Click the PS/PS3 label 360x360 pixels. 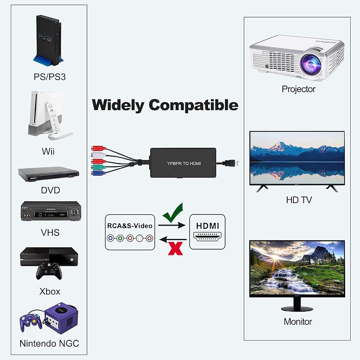click(50, 77)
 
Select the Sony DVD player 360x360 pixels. click(49, 174)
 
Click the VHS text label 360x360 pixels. click(50, 233)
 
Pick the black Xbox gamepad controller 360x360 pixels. click(49, 271)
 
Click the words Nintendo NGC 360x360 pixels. click(49, 343)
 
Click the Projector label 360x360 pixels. click(298, 89)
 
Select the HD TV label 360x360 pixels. click(299, 200)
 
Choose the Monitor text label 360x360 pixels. click(298, 321)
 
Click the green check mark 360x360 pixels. click(173, 213)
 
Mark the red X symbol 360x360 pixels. click(175, 248)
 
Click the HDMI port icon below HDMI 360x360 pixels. click(207, 236)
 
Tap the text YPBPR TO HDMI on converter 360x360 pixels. click(184, 163)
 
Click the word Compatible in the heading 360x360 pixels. click(194, 105)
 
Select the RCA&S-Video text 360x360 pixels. click(130, 226)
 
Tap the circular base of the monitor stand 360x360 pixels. click(297, 309)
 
